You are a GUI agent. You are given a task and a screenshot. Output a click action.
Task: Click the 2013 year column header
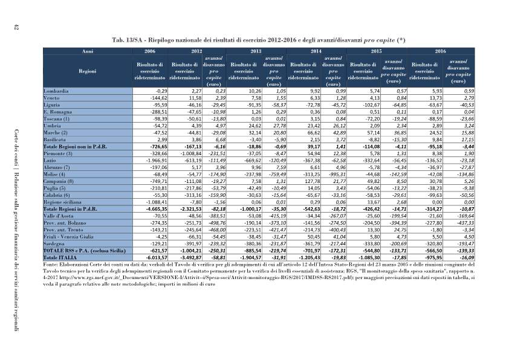[256, 51]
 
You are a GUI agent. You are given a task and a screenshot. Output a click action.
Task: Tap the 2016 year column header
[440, 51]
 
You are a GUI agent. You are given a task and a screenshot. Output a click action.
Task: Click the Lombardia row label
[56, 91]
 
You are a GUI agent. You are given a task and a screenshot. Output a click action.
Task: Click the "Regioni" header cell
[88, 71]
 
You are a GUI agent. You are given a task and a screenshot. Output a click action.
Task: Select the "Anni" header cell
[88, 51]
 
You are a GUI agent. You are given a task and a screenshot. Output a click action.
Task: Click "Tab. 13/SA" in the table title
[128, 40]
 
